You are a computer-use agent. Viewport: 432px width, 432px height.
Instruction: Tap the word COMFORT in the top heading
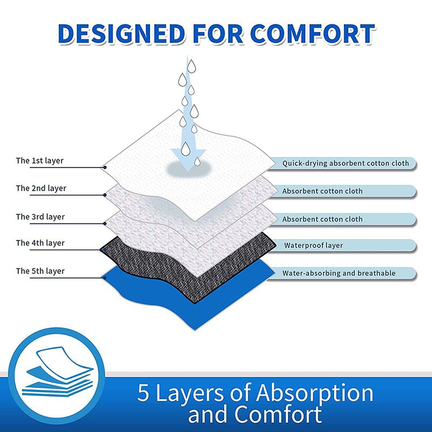314,33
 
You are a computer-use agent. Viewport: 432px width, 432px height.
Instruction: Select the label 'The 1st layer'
40,160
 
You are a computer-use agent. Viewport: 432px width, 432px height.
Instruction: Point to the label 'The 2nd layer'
41,188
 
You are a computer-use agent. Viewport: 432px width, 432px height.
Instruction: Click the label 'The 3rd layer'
40,217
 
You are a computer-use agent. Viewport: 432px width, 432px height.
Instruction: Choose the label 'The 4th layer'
40,243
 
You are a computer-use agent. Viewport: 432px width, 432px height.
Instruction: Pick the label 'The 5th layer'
40,271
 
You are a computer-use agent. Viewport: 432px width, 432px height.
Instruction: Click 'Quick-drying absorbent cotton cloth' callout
346,163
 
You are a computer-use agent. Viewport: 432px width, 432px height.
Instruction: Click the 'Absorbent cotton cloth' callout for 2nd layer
322,191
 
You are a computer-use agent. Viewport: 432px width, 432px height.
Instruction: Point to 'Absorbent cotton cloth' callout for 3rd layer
322,219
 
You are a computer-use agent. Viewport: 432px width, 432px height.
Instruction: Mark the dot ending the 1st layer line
105,167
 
